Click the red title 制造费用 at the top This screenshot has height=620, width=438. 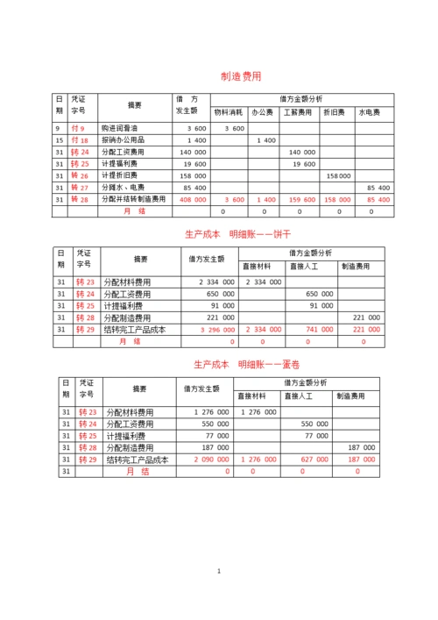[x=241, y=77]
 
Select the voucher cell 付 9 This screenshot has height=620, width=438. [x=78, y=128]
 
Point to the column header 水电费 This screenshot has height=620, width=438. [x=368, y=112]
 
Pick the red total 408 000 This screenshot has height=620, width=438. [x=193, y=199]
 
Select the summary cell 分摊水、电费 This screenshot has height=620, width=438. [x=124, y=188]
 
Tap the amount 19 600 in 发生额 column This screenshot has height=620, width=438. [x=194, y=164]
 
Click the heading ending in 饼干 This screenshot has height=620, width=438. [x=242, y=234]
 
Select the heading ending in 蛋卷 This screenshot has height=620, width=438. [x=241, y=363]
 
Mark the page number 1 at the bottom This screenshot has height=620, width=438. [x=219, y=572]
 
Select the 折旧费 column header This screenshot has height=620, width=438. [x=335, y=112]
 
